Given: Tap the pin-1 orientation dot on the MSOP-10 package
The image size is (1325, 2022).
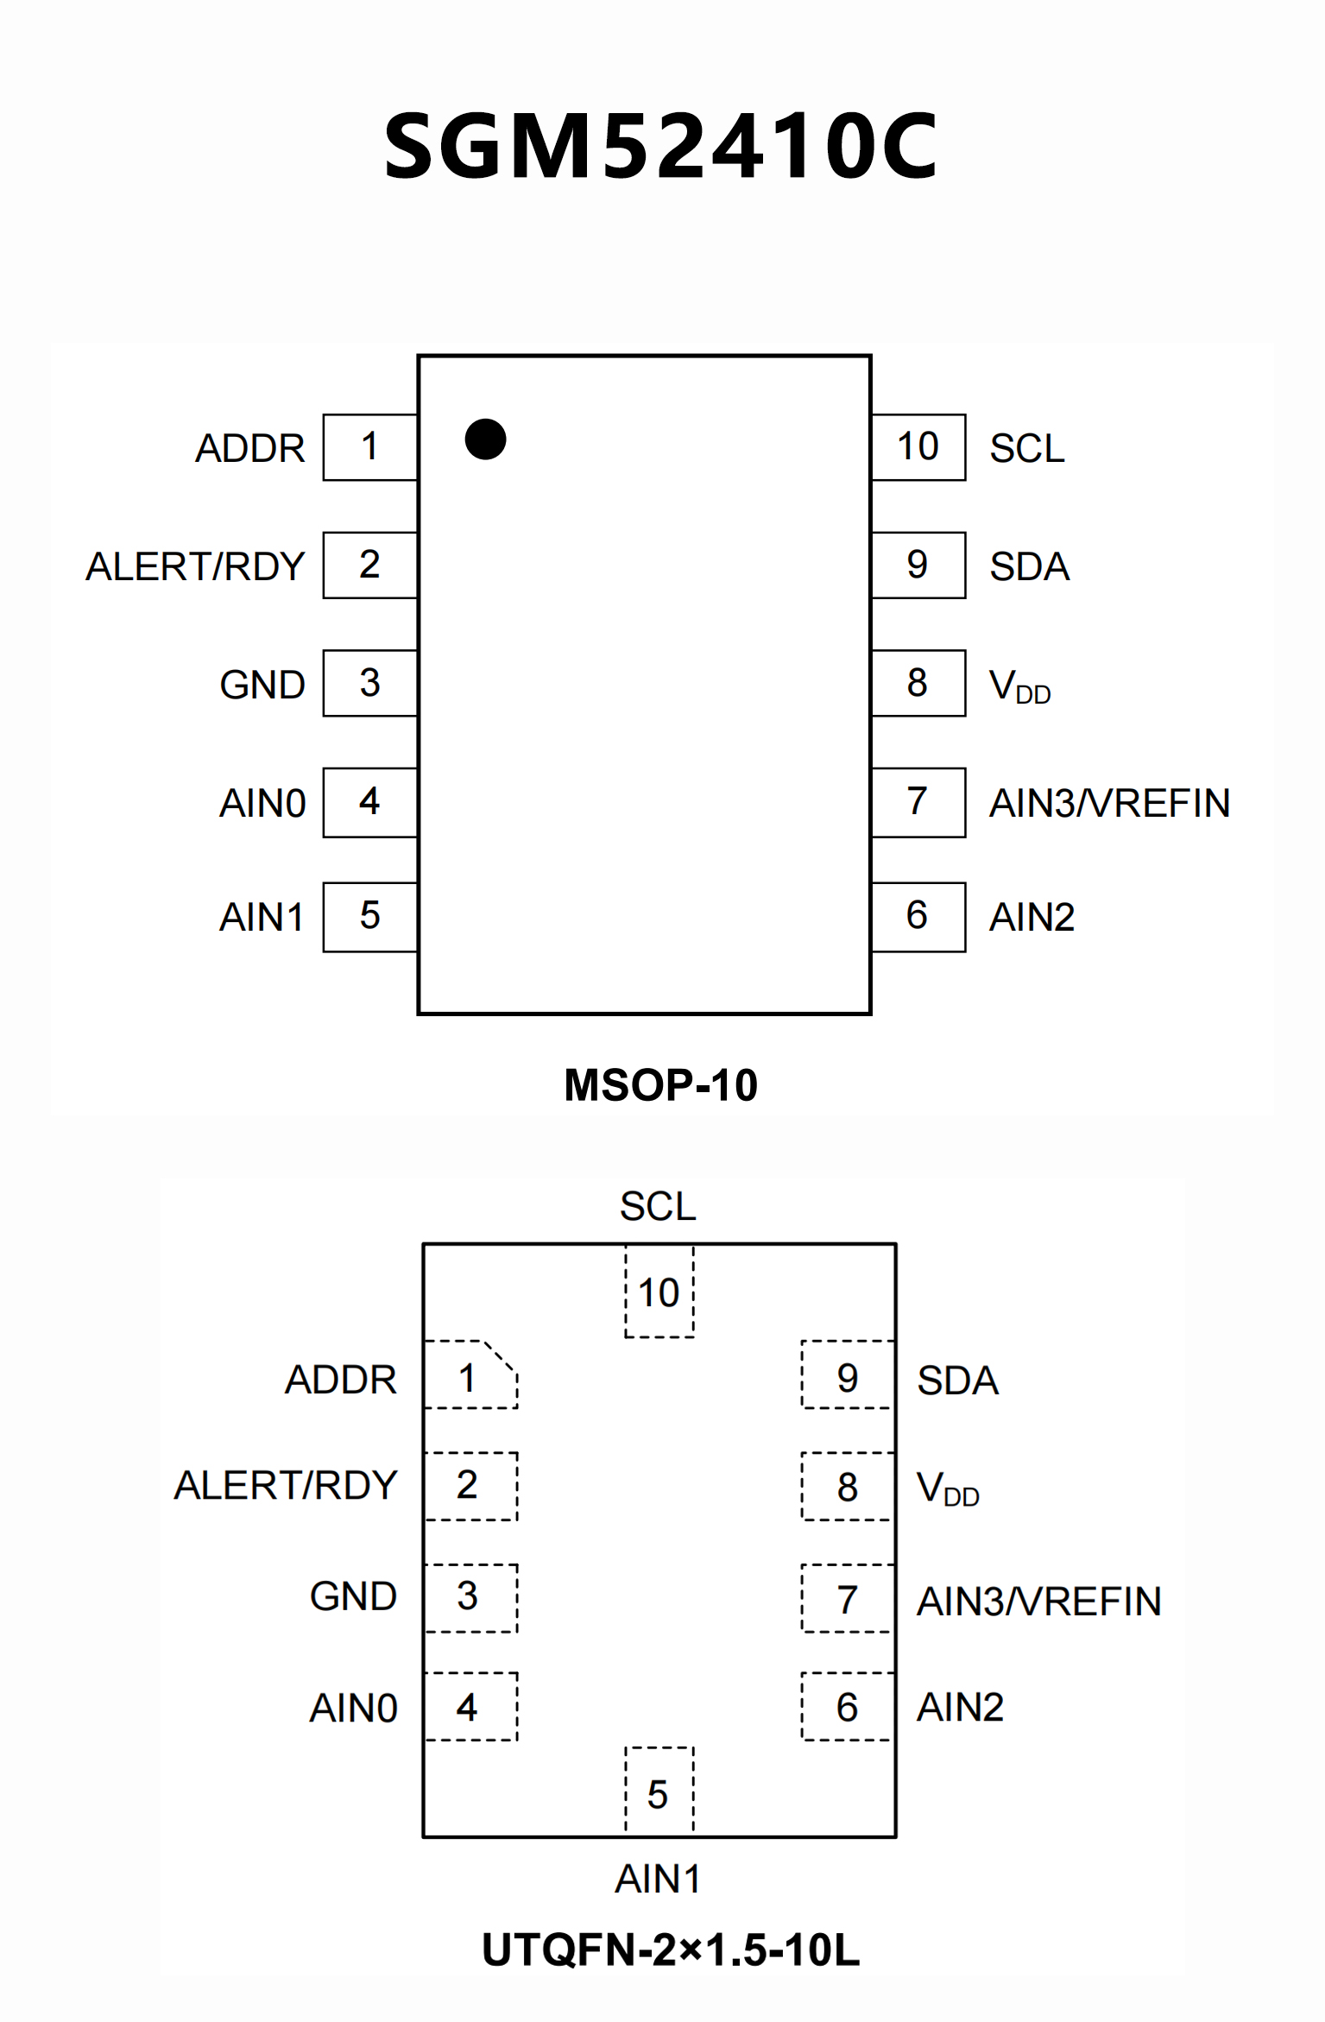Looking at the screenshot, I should (x=485, y=439).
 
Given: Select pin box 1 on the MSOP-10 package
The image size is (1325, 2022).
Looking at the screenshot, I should (x=370, y=447).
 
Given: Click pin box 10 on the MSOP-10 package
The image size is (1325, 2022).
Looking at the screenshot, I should (x=918, y=447).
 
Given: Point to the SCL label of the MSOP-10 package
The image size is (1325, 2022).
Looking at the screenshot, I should (x=1026, y=449).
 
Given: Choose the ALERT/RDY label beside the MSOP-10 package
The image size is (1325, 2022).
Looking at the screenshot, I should (x=195, y=567).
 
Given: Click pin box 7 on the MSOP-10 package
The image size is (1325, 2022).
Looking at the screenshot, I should (x=918, y=802).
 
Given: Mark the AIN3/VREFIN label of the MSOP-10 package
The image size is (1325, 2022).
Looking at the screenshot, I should (x=1109, y=804).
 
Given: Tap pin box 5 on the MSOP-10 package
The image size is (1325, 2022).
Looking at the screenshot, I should (x=370, y=917).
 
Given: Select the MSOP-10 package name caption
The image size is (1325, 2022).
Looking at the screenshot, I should (x=660, y=1085).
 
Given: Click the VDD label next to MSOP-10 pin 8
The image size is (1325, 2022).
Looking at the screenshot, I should (x=1019, y=687).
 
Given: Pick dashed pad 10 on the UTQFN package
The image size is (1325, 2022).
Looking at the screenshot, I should (x=659, y=1292).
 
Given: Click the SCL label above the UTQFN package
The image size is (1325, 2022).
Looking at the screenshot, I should (x=658, y=1206).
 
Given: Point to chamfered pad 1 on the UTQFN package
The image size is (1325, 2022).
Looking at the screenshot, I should (x=470, y=1375).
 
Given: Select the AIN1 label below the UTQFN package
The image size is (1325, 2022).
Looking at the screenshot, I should (x=658, y=1879).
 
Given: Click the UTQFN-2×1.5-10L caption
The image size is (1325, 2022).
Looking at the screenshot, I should (x=671, y=1950).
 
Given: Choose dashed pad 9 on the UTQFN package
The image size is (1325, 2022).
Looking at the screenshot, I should (x=847, y=1375).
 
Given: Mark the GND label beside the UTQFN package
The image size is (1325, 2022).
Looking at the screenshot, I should (x=353, y=1596).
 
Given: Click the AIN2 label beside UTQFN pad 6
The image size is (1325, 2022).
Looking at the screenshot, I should (x=960, y=1708).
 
